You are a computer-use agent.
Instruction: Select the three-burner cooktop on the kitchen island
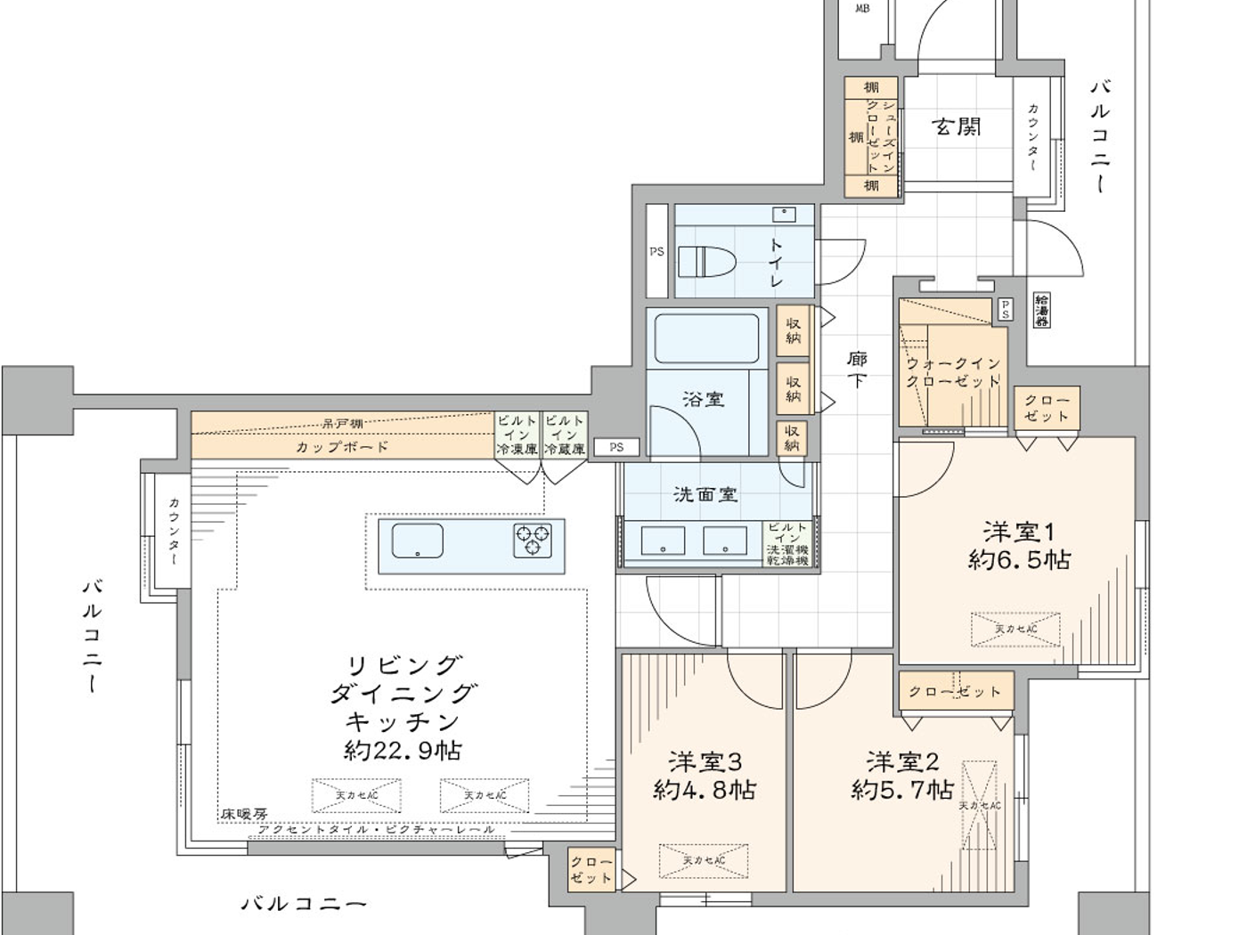coord(532,541)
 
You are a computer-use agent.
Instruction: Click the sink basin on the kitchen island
coord(417,541)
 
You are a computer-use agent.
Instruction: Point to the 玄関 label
coord(958,127)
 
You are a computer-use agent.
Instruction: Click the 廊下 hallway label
coord(857,370)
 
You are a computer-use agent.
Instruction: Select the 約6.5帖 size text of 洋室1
coord(1019,560)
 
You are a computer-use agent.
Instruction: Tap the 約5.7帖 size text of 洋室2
coord(902,789)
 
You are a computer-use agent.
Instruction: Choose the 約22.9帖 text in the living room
coord(403,750)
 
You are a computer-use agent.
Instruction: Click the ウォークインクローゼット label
coord(953,372)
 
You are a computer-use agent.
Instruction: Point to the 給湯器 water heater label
coord(1041,310)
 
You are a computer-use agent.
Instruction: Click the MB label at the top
coord(861,9)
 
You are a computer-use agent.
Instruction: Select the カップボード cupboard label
coord(342,447)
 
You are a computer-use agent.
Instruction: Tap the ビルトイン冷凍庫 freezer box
coord(517,435)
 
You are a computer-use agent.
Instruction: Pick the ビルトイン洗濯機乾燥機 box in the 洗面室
coord(787,544)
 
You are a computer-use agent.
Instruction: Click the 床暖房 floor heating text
coord(244,814)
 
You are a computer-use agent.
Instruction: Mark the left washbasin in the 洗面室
coord(663,541)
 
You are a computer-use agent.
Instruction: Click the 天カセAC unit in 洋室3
coord(704,860)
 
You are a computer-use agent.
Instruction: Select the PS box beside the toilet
coord(656,252)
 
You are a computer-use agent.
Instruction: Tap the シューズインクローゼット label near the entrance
coord(881,136)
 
